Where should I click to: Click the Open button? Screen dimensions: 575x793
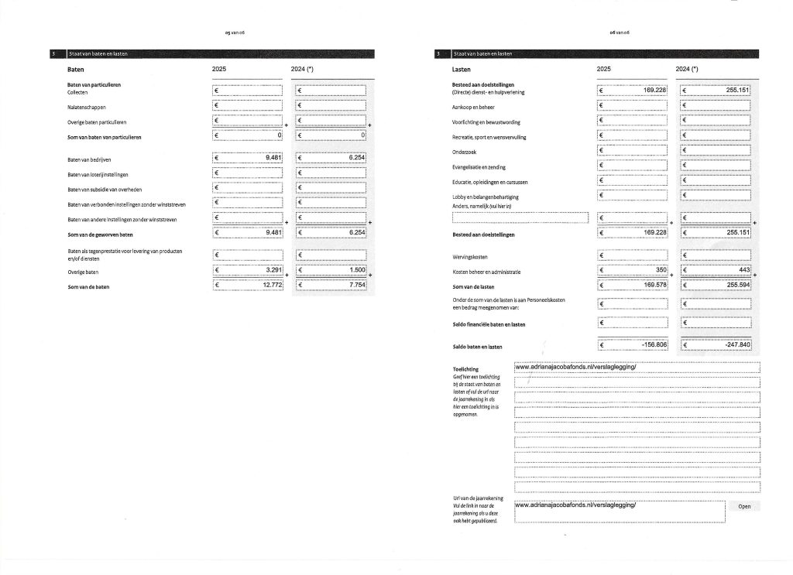point(744,507)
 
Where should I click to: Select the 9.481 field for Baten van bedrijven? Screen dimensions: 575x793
point(273,158)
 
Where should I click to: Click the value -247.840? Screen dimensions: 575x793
point(733,344)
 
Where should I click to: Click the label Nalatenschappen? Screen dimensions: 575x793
point(86,108)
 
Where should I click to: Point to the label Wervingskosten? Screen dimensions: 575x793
point(469,256)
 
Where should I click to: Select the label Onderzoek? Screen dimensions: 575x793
point(463,152)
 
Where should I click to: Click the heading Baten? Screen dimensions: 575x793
point(76,70)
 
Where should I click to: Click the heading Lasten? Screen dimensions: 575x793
point(462,70)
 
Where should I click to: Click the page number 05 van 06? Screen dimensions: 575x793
point(233,33)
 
